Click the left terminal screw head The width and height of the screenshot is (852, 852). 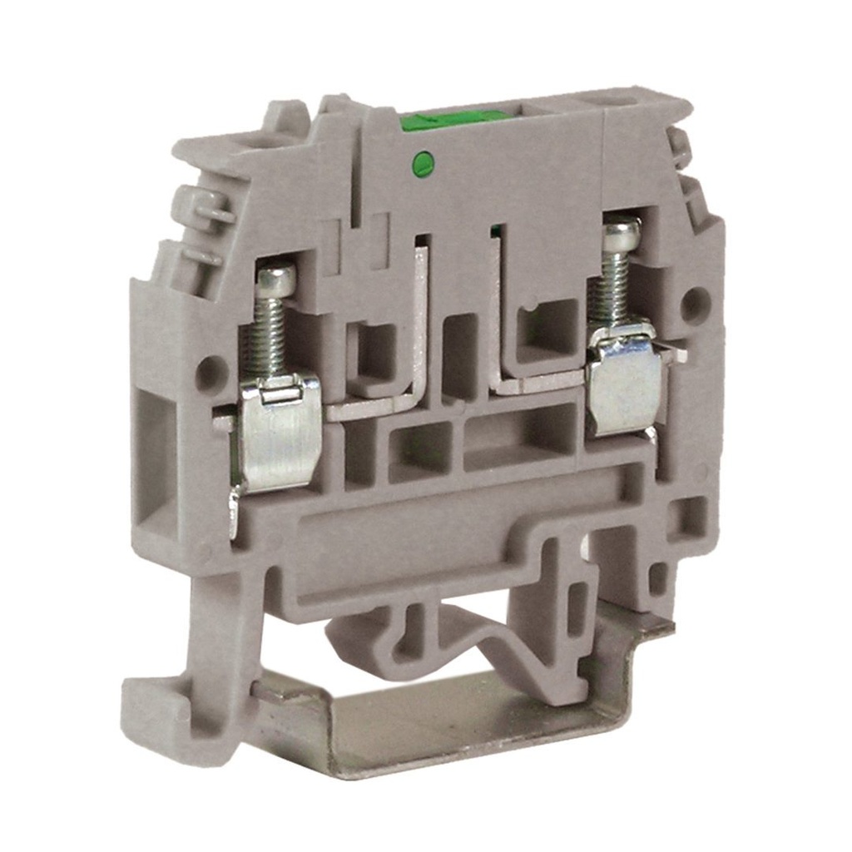tap(276, 280)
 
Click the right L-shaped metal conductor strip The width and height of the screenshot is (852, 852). tap(516, 366)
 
